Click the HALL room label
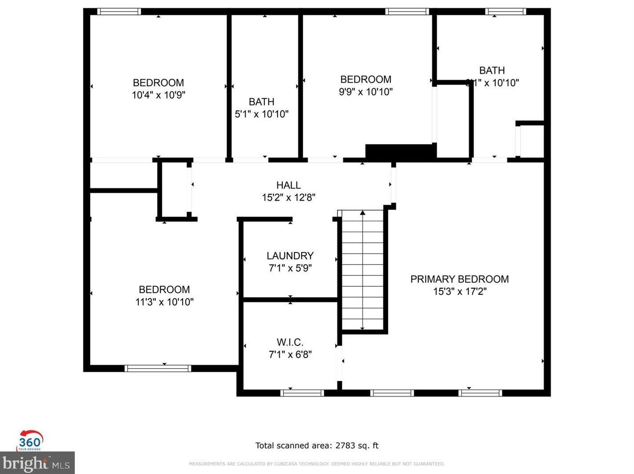288,185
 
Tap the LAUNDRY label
290,256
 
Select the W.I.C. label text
290,342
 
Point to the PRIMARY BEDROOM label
459,279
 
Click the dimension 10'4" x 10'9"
158,95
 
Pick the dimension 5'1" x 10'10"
261,114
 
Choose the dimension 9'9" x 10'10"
365,92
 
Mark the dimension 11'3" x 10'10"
164,302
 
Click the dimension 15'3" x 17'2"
460,291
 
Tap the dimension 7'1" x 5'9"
290,268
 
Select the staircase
362,270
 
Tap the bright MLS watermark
37,463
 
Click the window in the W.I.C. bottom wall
302,393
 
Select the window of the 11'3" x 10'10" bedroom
158,368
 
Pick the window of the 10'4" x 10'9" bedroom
119,12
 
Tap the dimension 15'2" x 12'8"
288,197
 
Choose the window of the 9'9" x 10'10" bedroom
407,12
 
